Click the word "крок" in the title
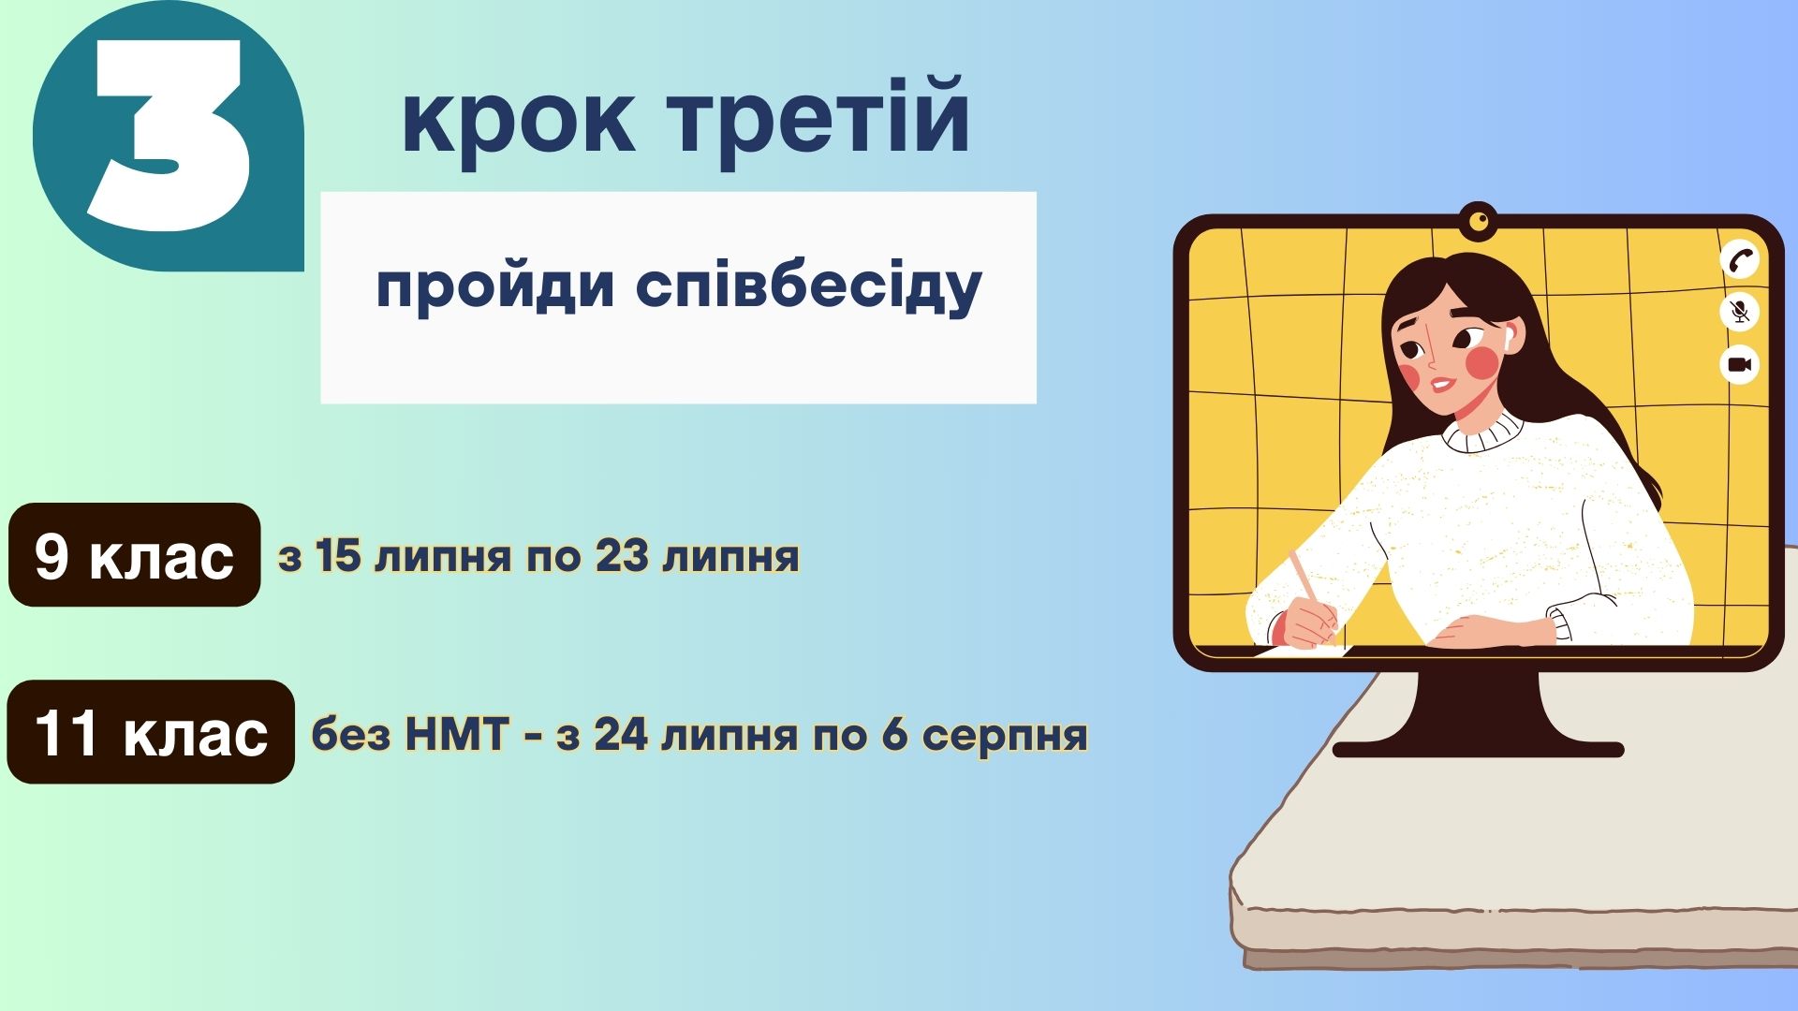coord(518,120)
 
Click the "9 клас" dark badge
coord(134,554)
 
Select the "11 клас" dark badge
coord(151,732)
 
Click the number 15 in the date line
coord(338,555)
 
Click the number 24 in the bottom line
coord(621,735)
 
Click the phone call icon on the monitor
coord(1740,259)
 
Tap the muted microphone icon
coord(1740,312)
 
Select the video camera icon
coord(1740,364)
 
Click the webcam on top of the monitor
coord(1479,221)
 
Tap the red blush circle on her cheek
coord(1482,363)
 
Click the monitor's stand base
coord(1478,749)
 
